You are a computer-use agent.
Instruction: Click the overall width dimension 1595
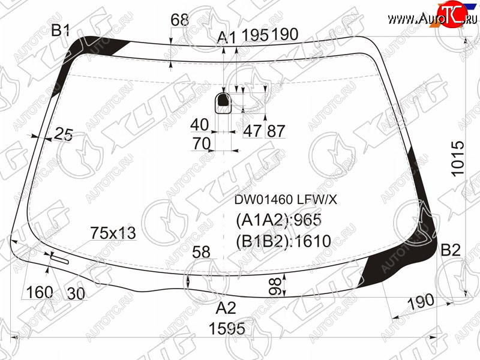(x=227, y=328)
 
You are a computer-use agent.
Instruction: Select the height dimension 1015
(x=458, y=158)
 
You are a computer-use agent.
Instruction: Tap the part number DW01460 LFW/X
(x=286, y=200)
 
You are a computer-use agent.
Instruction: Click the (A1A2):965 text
(x=278, y=220)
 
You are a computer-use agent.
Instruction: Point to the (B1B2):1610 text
(x=283, y=241)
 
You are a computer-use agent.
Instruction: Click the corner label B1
(x=61, y=31)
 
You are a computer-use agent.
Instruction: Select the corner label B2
(x=451, y=250)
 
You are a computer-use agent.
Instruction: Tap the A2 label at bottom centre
(x=226, y=308)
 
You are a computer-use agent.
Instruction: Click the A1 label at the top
(x=227, y=38)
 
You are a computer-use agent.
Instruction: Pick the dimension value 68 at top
(x=179, y=20)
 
